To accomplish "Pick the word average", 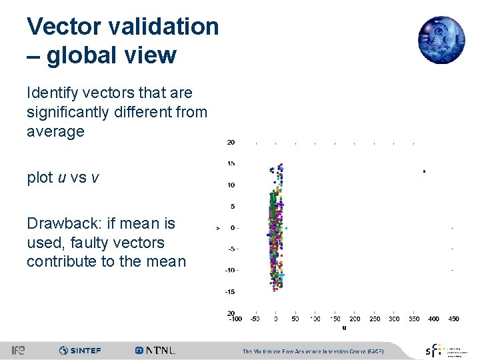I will coord(55,131).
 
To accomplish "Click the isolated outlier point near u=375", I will coord(424,171).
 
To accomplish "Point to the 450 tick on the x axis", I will coord(453,319).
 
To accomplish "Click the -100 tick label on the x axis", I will coord(235,319).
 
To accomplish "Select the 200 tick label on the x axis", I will coord(355,319).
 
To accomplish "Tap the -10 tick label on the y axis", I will coord(229,270).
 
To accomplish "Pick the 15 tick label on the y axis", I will coord(230,164).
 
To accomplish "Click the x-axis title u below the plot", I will coord(344,327).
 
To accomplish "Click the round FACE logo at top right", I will coord(441,40).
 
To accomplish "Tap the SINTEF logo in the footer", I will coord(79,351).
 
